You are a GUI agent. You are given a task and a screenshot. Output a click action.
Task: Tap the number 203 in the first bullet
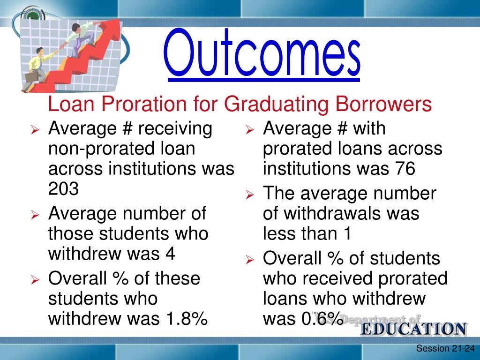[x=63, y=188]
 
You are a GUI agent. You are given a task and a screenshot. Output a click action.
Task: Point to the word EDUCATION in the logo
[x=414, y=329]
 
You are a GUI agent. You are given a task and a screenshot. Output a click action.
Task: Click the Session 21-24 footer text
[x=445, y=348]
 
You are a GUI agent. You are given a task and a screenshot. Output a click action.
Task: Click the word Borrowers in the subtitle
[x=383, y=104]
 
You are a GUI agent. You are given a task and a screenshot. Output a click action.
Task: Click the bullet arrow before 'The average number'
[x=250, y=195]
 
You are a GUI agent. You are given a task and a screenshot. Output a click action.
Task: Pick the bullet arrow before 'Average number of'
[x=35, y=215]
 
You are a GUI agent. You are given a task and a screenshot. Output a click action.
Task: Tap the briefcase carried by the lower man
[x=32, y=76]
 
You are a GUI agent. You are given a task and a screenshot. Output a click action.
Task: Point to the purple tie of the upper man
[x=79, y=41]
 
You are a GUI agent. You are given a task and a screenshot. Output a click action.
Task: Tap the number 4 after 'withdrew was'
[x=170, y=254]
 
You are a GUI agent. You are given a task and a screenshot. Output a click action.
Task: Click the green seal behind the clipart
[x=34, y=15]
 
